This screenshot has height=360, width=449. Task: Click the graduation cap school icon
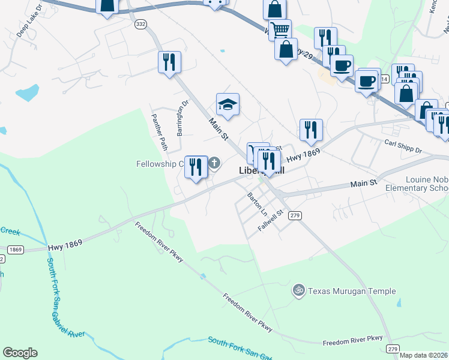[228, 105]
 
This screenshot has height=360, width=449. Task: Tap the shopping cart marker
[280, 29]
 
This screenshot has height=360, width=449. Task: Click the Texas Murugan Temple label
[352, 291]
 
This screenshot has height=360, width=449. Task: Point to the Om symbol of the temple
[299, 291]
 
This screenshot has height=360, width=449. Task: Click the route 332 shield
[140, 23]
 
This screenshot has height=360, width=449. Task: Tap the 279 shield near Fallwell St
[294, 215]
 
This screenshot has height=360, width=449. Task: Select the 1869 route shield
[15, 248]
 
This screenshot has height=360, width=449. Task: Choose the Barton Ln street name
[258, 205]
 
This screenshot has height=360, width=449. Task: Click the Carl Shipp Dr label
[403, 147]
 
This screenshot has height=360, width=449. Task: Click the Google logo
[20, 353]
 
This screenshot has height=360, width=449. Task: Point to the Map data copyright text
[424, 355]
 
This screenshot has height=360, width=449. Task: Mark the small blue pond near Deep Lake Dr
[27, 93]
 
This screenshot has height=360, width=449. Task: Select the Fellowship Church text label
[160, 164]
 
